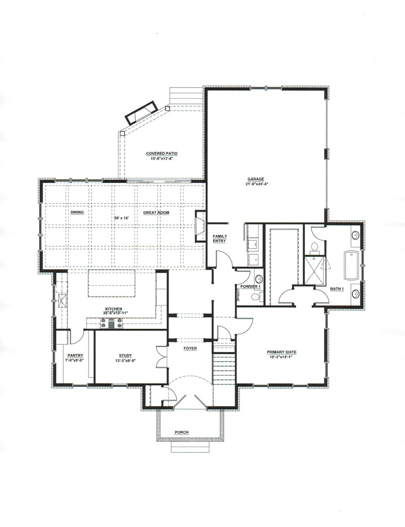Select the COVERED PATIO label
pyautogui.click(x=161, y=153)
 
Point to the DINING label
pyautogui.click(x=77, y=212)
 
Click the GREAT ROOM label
pyautogui.click(x=156, y=212)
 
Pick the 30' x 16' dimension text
pyautogui.click(x=122, y=218)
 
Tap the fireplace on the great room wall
pyautogui.click(x=200, y=225)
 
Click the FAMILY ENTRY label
pyautogui.click(x=219, y=239)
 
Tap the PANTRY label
pyautogui.click(x=75, y=355)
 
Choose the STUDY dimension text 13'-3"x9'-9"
pyautogui.click(x=125, y=361)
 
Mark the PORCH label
pyautogui.click(x=181, y=432)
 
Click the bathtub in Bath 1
pyautogui.click(x=351, y=265)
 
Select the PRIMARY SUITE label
pyautogui.click(x=281, y=352)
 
